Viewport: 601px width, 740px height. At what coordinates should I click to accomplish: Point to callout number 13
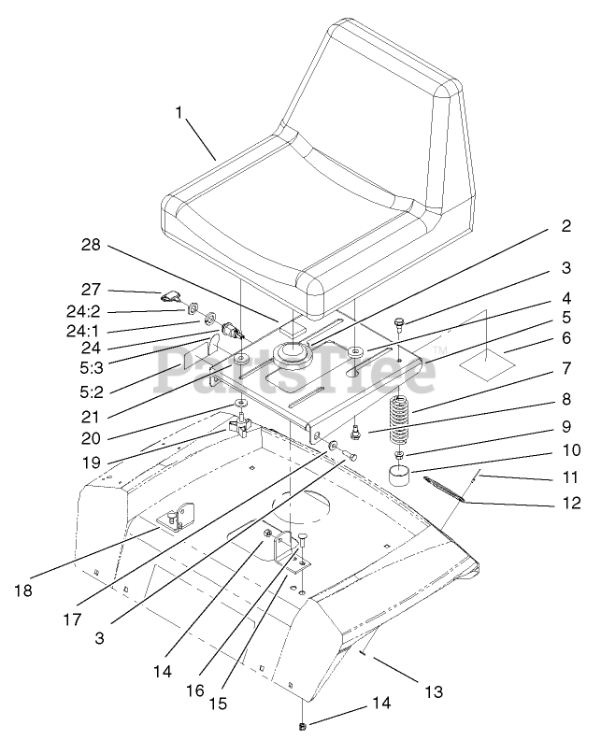point(433,692)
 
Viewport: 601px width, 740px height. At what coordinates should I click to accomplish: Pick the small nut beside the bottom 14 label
point(303,726)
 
